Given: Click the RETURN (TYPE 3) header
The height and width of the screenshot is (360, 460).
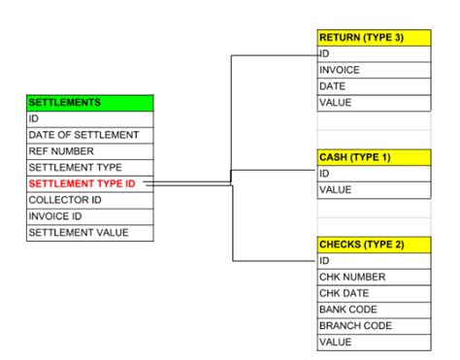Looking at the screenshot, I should point(375,37).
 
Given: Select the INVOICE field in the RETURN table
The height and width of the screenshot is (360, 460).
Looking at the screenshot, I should point(375,70).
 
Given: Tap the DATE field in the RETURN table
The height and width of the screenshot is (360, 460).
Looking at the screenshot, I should point(375,86).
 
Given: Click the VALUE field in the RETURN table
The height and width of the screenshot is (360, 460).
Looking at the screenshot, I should point(375,103).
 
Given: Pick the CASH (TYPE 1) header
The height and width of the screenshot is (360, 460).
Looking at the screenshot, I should point(375,157).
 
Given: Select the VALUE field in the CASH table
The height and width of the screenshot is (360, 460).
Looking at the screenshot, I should point(375,190).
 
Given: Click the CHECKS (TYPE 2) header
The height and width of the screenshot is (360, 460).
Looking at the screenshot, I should point(375,245).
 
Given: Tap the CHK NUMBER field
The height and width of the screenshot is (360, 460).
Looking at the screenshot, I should point(375,278).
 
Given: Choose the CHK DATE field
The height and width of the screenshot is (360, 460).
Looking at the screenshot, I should point(375,294).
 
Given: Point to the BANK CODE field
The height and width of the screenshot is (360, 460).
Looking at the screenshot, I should point(375,311).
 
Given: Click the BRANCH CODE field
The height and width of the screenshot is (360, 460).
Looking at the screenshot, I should point(375,327).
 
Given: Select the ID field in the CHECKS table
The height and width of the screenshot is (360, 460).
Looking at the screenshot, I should point(375,261).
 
